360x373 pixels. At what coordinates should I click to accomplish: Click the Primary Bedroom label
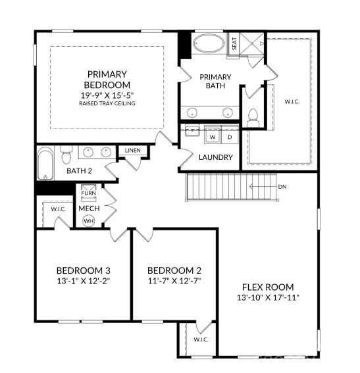point(107,80)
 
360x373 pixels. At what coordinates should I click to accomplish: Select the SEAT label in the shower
point(234,44)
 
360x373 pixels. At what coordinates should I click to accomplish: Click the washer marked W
point(213,137)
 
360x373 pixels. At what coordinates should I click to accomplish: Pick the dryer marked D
point(230,137)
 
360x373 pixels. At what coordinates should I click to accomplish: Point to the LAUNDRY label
point(215,157)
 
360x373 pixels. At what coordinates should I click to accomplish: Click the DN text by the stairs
point(282,187)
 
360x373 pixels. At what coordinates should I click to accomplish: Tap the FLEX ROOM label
point(267,287)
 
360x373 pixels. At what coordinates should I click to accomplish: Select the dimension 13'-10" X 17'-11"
point(267,297)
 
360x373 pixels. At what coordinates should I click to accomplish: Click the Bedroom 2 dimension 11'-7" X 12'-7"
point(174,280)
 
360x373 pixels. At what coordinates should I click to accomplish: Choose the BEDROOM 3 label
point(83,270)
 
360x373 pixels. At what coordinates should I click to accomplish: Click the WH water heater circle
point(88,221)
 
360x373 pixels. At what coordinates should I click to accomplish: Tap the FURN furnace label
point(88,193)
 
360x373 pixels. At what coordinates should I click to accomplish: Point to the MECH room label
point(89,209)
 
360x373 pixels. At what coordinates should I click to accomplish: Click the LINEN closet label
point(132,151)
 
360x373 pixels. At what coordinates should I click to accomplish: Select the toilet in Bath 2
point(66,157)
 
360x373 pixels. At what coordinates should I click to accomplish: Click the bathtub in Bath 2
point(45,163)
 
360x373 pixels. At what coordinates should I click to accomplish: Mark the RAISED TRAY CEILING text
point(107,103)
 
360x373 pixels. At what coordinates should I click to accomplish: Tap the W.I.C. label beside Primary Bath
point(292,101)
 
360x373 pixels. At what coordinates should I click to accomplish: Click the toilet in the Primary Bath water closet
point(253,117)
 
